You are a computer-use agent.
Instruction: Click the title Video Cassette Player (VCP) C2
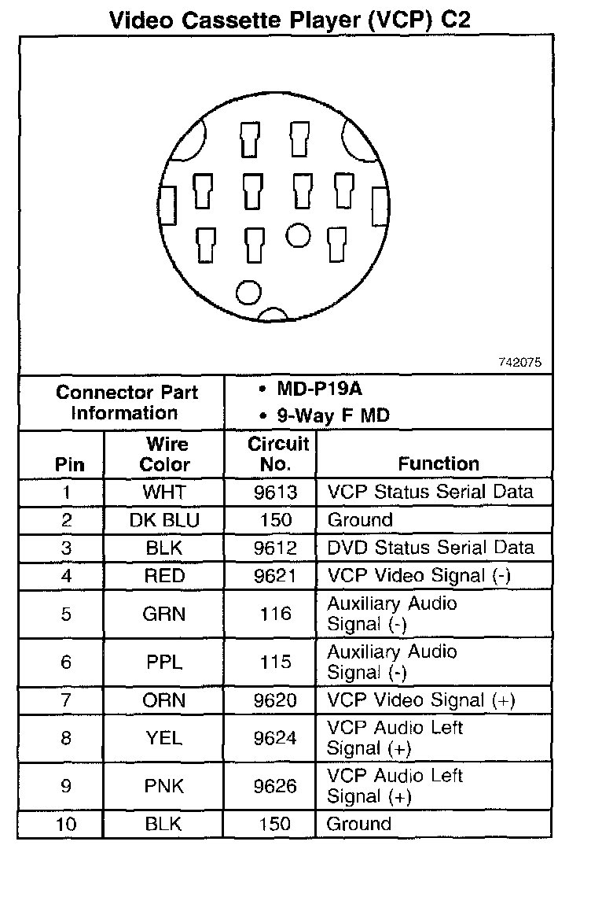(x=290, y=18)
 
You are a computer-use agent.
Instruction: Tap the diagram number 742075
(x=519, y=363)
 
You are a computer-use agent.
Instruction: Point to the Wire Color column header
(x=164, y=454)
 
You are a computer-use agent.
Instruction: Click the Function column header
(x=438, y=463)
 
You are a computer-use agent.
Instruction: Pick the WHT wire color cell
(x=163, y=493)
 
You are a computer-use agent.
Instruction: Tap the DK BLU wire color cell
(x=164, y=520)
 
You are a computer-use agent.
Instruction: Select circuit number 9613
(x=275, y=493)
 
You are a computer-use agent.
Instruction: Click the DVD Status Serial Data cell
(x=430, y=548)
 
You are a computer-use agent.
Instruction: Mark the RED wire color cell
(x=164, y=576)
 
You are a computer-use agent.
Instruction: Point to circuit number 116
(x=275, y=615)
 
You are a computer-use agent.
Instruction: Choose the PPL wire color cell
(x=164, y=663)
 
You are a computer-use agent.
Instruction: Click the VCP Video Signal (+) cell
(x=420, y=700)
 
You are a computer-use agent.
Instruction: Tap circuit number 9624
(x=275, y=738)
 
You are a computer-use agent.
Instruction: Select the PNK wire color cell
(x=164, y=786)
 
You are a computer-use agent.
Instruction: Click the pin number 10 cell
(x=66, y=824)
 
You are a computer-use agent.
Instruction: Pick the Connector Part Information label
(x=127, y=402)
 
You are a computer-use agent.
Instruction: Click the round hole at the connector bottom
(x=248, y=293)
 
